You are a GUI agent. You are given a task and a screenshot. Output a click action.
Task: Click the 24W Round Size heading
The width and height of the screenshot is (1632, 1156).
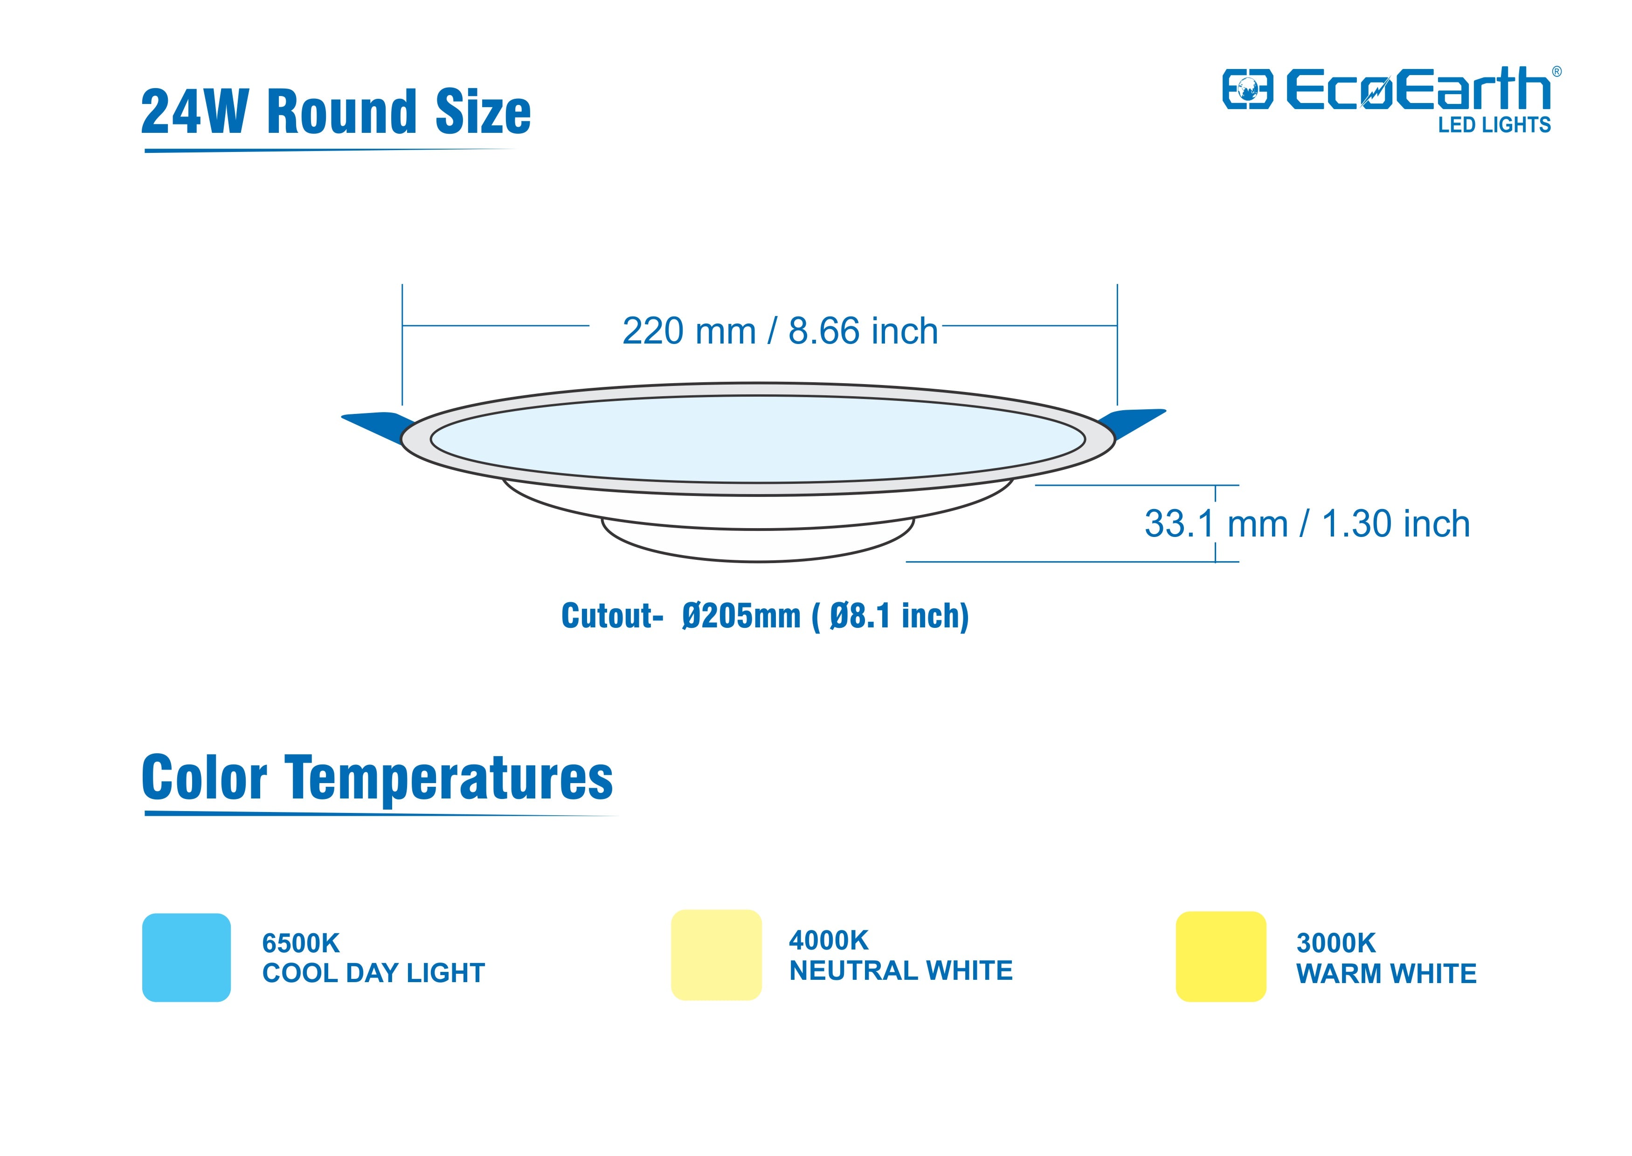336,112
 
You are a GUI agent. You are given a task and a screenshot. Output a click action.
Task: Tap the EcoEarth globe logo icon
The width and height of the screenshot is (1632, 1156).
1247,89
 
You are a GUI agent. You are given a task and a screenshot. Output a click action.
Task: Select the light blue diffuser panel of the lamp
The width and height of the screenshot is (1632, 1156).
758,439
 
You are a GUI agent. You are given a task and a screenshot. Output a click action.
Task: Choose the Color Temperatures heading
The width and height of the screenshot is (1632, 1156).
377,778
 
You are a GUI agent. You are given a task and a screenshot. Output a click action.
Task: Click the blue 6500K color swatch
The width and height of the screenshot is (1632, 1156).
187,957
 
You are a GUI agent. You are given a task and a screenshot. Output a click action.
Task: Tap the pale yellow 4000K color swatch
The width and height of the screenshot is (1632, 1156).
716,955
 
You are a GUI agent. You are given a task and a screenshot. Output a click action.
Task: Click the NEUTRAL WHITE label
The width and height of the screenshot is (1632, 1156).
901,970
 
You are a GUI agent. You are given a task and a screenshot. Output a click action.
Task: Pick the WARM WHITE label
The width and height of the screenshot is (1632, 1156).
1386,973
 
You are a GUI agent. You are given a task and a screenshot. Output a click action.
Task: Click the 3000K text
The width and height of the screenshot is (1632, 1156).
1336,943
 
